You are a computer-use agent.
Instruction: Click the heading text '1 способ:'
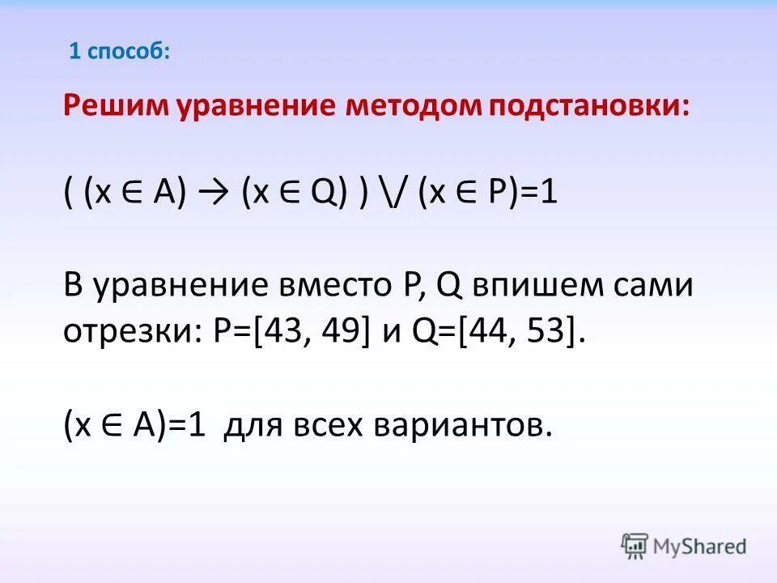click(x=119, y=52)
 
